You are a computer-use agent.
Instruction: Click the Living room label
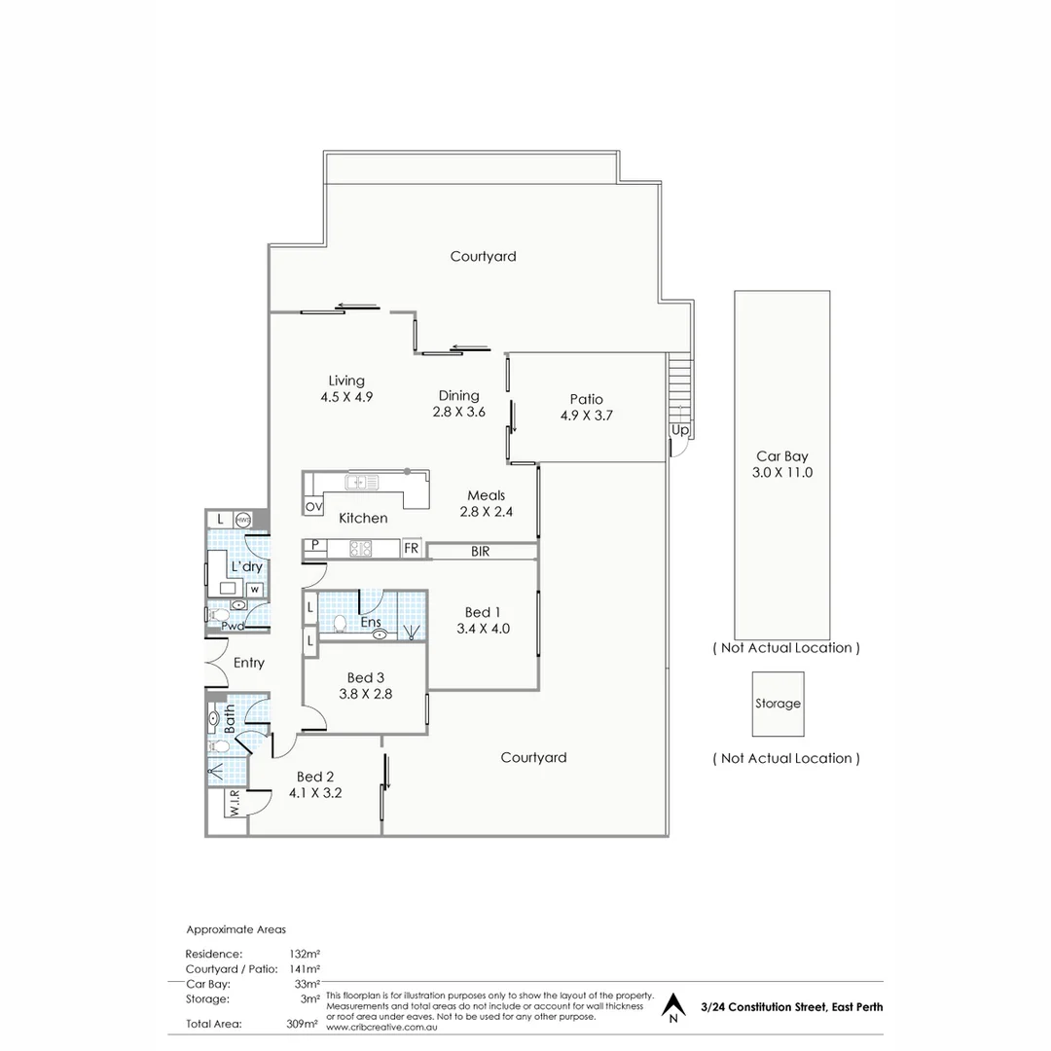(x=346, y=381)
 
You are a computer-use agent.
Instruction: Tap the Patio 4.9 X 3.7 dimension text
(x=586, y=415)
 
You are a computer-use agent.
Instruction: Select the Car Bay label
(x=782, y=455)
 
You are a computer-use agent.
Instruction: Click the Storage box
(x=778, y=704)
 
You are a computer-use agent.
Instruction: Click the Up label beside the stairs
(x=680, y=429)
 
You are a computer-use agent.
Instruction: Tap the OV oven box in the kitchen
(x=314, y=507)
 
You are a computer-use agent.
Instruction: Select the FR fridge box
(x=412, y=549)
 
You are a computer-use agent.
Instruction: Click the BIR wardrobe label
(x=480, y=552)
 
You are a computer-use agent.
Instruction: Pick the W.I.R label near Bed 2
(x=235, y=805)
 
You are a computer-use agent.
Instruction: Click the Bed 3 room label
(x=364, y=678)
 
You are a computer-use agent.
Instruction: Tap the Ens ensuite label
(x=370, y=621)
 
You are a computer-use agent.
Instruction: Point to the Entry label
(x=249, y=663)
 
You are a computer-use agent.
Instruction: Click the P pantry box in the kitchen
(x=314, y=545)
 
